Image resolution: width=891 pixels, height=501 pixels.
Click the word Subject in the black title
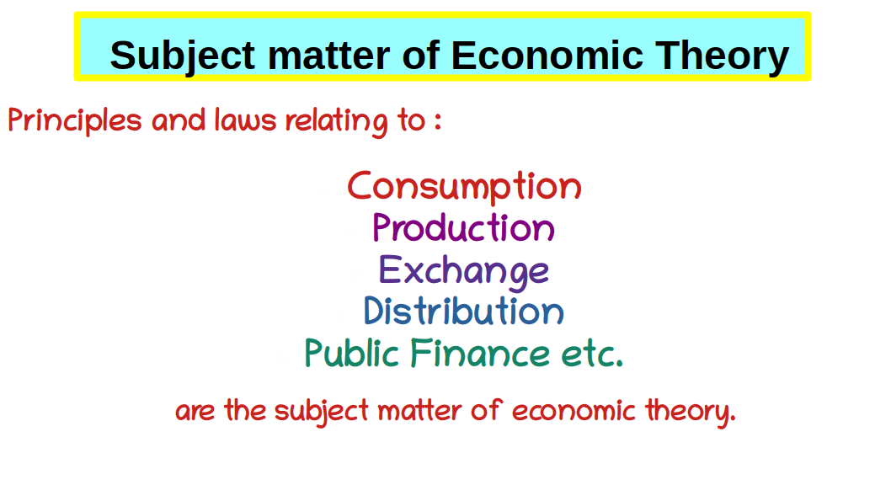point(183,56)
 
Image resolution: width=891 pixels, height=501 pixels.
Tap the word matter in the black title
point(328,56)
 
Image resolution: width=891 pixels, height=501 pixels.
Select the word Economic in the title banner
point(547,55)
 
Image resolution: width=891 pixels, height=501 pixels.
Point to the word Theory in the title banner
point(723,56)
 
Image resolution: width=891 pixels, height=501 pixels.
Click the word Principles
point(74,120)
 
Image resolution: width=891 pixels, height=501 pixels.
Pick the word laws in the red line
point(245,120)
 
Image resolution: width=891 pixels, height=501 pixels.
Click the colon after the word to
point(438,120)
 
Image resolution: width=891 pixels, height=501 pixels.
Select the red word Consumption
point(464,186)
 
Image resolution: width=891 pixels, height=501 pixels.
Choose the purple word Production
point(464,227)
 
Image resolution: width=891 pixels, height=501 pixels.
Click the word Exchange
point(464,271)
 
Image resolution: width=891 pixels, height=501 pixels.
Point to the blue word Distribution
point(464,311)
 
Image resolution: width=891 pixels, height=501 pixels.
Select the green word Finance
point(480,353)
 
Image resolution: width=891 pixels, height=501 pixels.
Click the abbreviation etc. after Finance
point(592,354)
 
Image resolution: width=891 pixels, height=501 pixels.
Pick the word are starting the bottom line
point(195,411)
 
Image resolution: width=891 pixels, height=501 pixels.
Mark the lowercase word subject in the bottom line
point(322,411)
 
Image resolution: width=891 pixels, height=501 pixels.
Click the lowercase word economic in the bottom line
point(574,410)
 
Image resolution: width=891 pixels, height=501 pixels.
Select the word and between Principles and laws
point(179,120)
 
